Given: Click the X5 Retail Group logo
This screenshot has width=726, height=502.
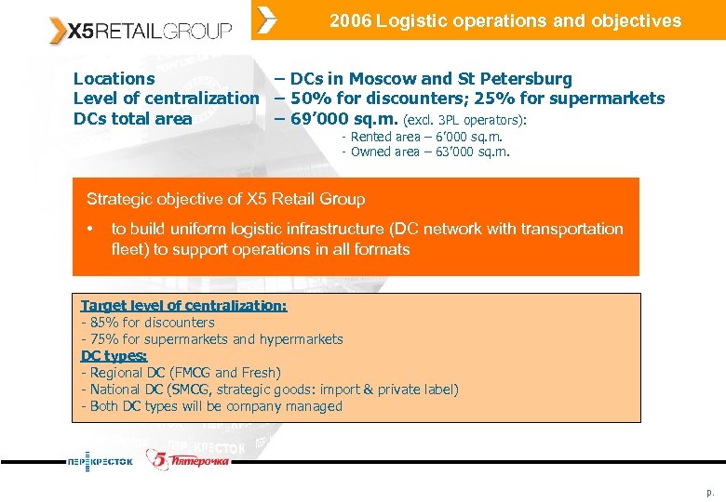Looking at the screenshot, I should [141, 31].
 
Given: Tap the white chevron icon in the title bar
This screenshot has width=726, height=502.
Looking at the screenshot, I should [267, 20].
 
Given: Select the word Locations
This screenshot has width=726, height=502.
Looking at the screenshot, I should [114, 79].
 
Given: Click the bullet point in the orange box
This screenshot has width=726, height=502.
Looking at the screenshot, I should [90, 229].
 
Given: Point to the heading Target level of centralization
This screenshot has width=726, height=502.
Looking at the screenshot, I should [183, 306].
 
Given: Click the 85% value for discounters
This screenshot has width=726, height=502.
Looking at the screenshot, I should [100, 323].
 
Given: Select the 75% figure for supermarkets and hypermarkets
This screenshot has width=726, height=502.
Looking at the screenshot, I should [100, 339].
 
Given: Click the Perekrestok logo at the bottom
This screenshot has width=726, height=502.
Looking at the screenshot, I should [100, 461].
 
